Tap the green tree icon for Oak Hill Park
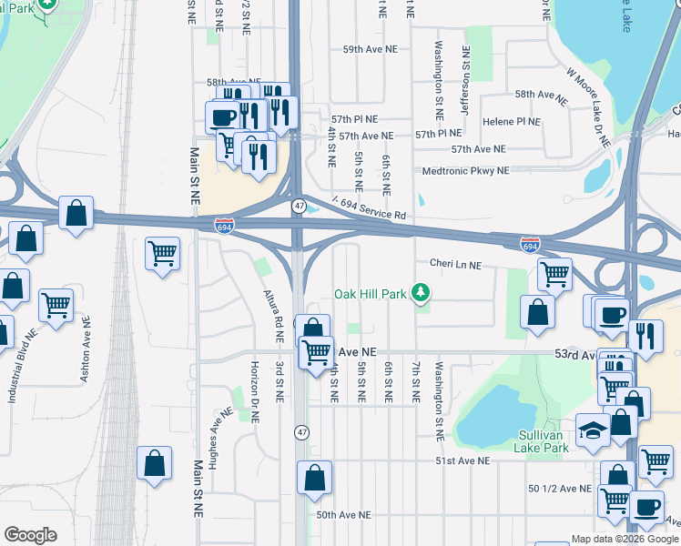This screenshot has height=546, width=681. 420,293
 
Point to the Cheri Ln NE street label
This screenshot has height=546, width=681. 455,265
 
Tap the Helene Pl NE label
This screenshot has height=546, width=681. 512,121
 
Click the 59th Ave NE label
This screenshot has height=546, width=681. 371,51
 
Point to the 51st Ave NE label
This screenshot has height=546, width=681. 462,461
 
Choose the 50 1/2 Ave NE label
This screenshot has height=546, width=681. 560,489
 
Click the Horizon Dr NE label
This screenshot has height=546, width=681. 254,396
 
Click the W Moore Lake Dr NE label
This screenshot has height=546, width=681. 588,109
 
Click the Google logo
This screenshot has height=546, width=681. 31,535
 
